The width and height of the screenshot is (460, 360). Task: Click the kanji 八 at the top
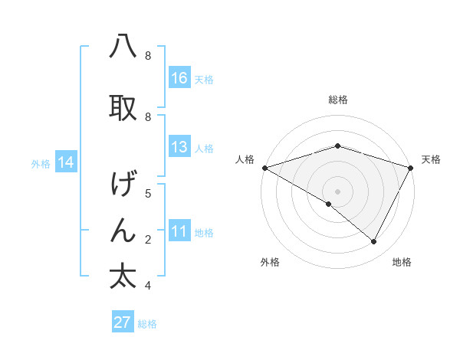click(x=123, y=46)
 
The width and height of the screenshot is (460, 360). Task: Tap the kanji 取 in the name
click(x=123, y=107)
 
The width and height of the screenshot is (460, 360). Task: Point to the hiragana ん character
click(x=123, y=229)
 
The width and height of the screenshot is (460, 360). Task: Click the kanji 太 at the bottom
click(x=123, y=275)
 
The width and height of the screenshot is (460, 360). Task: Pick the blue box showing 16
click(x=179, y=77)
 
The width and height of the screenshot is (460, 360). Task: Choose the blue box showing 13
click(x=179, y=147)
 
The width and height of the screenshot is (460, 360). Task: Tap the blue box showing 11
click(x=179, y=232)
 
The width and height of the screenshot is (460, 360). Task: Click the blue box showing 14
click(x=65, y=162)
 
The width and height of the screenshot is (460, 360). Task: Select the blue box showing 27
click(x=123, y=322)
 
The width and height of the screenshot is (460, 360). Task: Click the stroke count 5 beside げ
click(x=148, y=194)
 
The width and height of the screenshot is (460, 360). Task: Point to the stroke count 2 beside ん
click(x=148, y=240)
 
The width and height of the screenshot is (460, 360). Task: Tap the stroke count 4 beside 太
click(x=148, y=286)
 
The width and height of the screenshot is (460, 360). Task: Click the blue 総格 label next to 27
click(x=147, y=324)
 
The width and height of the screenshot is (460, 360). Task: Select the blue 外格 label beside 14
click(x=41, y=163)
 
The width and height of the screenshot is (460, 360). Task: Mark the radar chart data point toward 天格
click(x=411, y=168)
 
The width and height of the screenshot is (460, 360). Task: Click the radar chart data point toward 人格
click(x=264, y=168)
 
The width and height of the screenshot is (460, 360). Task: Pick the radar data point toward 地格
click(x=374, y=241)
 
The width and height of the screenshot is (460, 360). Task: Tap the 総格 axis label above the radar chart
click(x=338, y=100)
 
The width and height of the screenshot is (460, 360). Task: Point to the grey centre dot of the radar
click(x=337, y=191)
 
